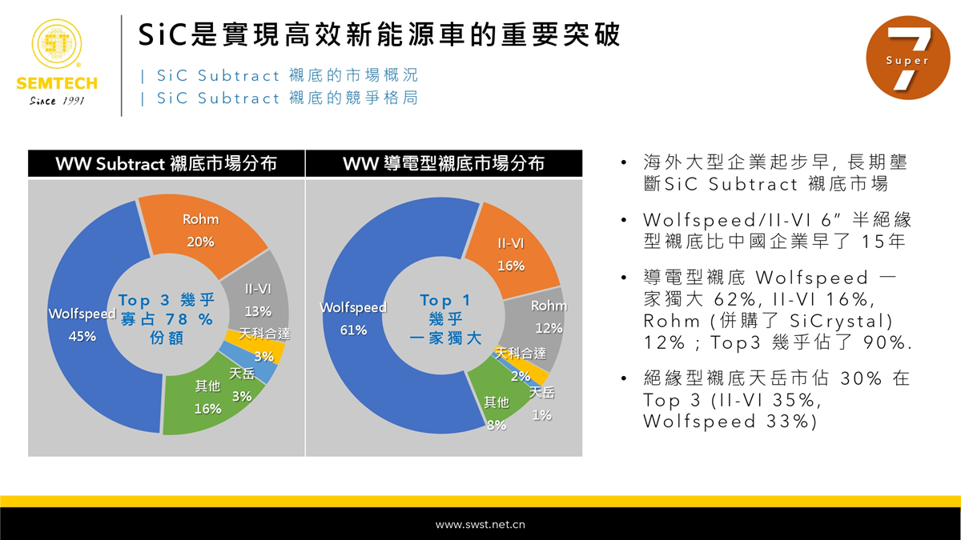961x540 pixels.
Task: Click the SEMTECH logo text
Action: pyautogui.click(x=57, y=83)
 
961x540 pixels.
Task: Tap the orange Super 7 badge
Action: pyautogui.click(x=908, y=58)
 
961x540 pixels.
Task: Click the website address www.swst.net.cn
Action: pyautogui.click(x=480, y=525)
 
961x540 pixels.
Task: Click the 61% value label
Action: pyautogui.click(x=353, y=330)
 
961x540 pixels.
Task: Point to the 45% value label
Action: pyautogui.click(x=82, y=336)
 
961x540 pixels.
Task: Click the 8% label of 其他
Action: pyautogui.click(x=497, y=425)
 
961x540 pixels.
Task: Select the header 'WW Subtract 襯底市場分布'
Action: pyautogui.click(x=167, y=164)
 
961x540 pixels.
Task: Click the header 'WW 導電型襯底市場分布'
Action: pyautogui.click(x=444, y=163)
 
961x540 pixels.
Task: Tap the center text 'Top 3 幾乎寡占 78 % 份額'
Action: pyautogui.click(x=167, y=318)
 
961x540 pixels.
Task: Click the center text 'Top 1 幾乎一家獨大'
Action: pyautogui.click(x=445, y=319)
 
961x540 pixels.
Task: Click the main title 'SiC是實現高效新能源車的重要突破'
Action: pyautogui.click(x=380, y=34)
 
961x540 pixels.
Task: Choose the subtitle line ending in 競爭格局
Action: pyautogui.click(x=279, y=98)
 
